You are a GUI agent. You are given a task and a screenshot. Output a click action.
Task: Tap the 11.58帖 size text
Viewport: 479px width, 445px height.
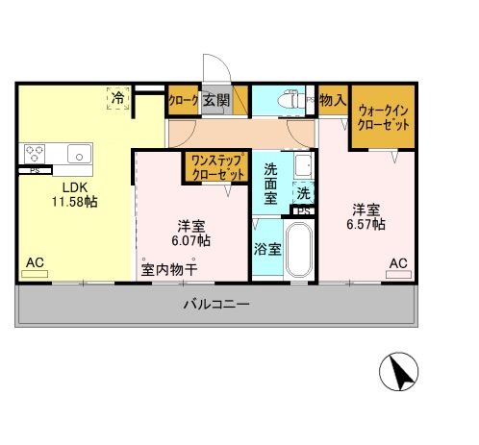point(74,202)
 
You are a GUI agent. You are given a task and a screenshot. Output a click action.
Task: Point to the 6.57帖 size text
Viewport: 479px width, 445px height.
point(366,224)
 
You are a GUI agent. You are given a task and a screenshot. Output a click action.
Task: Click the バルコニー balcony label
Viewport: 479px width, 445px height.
point(216,306)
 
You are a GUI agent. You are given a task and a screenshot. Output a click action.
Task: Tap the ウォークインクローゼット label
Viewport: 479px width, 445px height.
point(382,117)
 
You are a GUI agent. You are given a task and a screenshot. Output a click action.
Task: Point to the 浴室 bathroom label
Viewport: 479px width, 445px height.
point(267,249)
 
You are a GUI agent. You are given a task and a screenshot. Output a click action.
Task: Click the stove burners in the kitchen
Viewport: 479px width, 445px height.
point(36,152)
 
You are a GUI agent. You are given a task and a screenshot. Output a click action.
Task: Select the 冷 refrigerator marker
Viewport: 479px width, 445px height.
point(117,97)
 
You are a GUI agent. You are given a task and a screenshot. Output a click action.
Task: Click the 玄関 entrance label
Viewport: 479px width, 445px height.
point(216,100)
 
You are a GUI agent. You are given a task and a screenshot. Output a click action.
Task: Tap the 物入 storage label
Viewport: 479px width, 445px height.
point(333,100)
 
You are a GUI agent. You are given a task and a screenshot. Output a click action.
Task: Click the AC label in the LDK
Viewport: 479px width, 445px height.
point(35,261)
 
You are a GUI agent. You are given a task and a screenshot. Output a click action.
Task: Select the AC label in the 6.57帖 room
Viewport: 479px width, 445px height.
point(397,261)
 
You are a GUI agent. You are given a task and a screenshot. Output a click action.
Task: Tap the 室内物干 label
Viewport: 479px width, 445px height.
point(169,269)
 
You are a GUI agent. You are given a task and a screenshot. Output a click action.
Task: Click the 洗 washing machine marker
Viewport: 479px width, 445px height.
point(302,192)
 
